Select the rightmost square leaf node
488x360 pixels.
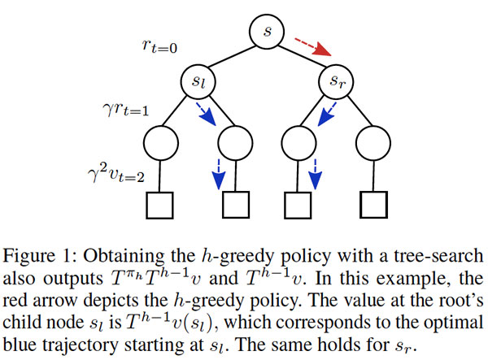pyautogui.click(x=377, y=206)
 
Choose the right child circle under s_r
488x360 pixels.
pyautogui.click(x=377, y=144)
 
